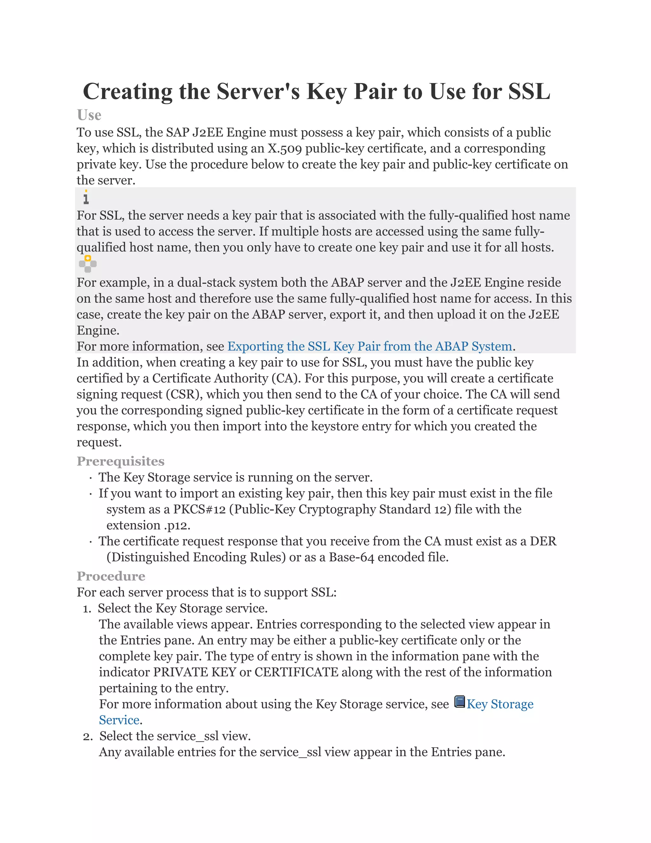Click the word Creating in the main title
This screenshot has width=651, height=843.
click(x=127, y=92)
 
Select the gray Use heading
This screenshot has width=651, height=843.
click(x=89, y=115)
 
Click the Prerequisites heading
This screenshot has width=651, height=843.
click(x=120, y=461)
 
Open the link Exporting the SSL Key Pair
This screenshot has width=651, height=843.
click(x=369, y=346)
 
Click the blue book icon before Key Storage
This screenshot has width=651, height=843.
click(x=459, y=701)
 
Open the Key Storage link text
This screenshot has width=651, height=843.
click(x=500, y=704)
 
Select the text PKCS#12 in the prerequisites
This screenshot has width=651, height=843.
click(x=199, y=510)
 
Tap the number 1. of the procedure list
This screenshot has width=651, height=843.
click(x=87, y=609)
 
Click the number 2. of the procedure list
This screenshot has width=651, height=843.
click(x=88, y=736)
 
